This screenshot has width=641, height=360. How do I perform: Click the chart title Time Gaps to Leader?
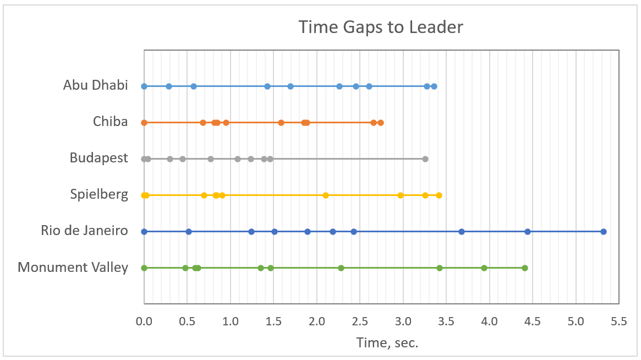pyautogui.click(x=381, y=26)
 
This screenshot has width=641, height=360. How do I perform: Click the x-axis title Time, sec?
pyautogui.click(x=387, y=343)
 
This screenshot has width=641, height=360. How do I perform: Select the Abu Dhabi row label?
pyautogui.click(x=95, y=85)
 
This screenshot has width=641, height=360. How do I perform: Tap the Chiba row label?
pyautogui.click(x=110, y=122)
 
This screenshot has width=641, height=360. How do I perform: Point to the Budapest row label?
pyautogui.click(x=98, y=158)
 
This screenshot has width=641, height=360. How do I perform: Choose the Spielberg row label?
pyautogui.click(x=99, y=194)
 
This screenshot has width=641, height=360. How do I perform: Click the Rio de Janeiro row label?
pyautogui.click(x=84, y=231)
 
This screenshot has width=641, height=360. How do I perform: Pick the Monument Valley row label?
pyautogui.click(x=73, y=268)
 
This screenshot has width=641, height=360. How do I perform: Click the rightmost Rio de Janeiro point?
pyautogui.click(x=604, y=232)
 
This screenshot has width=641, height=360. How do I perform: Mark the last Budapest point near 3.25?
pyautogui.click(x=425, y=159)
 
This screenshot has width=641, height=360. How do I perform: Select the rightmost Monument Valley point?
pyautogui.click(x=525, y=268)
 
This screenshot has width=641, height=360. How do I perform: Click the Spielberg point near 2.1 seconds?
pyautogui.click(x=326, y=195)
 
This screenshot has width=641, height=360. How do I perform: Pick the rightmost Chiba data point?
pyautogui.click(x=381, y=123)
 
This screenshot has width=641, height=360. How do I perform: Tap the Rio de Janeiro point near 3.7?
pyautogui.click(x=462, y=232)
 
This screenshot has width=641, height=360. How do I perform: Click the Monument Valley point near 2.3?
pyautogui.click(x=341, y=268)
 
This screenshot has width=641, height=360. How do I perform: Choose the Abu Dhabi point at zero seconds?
pyautogui.click(x=144, y=86)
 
